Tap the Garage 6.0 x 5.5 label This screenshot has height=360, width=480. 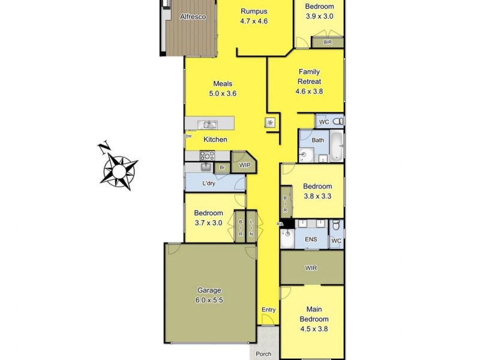pos(209,295)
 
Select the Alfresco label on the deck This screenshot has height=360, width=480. pos(193,17)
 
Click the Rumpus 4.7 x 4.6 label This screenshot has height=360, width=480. pos(254,16)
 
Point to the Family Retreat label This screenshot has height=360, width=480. pos(309,82)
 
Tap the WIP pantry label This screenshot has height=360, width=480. pos(244,165)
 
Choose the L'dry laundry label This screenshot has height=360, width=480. pos(209,183)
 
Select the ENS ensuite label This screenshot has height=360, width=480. pos(311,239)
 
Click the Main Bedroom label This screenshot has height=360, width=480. pos(314,319)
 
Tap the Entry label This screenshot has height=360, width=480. pos(269,310)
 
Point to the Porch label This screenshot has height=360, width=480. pos(264,354)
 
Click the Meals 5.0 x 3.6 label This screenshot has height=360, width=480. pos(223,89)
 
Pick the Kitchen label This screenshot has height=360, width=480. pos(215,139)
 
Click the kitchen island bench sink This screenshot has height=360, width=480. pos(210,125)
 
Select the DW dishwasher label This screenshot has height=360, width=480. pos(188,136)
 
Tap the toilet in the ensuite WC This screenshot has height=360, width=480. pos(336,226)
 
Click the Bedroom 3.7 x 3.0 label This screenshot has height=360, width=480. pos(208,218)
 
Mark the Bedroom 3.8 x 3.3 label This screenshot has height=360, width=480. pos(317,191)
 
